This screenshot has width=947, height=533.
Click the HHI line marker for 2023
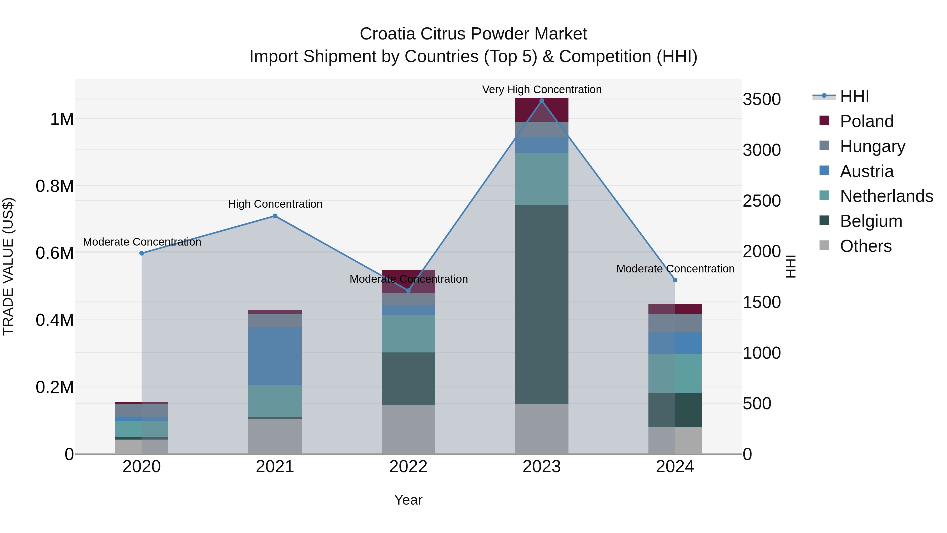tap(542, 101)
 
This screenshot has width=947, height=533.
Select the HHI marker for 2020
tap(142, 253)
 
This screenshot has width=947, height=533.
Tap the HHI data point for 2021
tap(275, 216)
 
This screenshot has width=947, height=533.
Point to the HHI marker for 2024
tap(675, 280)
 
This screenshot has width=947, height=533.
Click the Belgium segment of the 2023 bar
tap(542, 305)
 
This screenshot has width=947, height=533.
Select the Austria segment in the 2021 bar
tap(275, 356)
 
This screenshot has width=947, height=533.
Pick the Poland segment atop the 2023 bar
tap(542, 109)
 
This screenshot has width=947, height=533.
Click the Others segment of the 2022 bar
tap(408, 429)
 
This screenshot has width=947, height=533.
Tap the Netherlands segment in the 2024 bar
tap(675, 373)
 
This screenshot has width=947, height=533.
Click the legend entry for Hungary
tap(872, 146)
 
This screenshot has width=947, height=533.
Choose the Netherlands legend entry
tap(886, 196)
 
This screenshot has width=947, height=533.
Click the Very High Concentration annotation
tap(542, 89)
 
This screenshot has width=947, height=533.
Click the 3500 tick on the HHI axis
tap(762, 99)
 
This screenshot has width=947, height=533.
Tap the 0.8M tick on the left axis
tap(54, 186)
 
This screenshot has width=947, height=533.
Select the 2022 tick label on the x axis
tap(408, 467)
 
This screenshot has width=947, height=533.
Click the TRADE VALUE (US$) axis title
tap(8, 266)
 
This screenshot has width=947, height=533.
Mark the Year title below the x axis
tap(408, 500)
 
